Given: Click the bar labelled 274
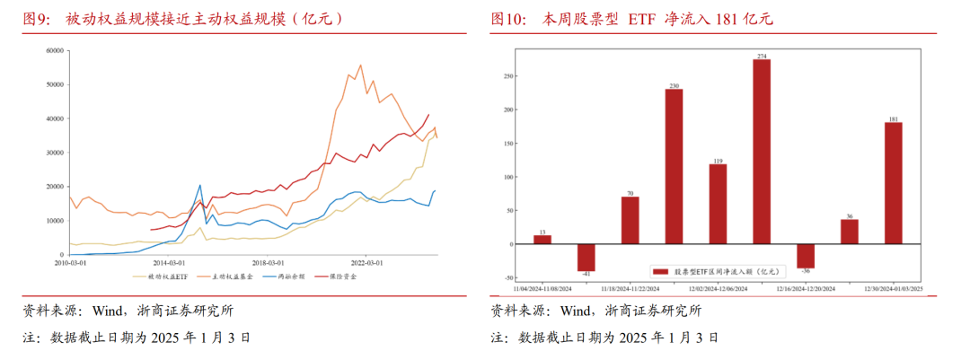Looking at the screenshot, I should point(762,151).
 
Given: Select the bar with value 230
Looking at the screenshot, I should point(674,166).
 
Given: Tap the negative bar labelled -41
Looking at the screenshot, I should point(586,258).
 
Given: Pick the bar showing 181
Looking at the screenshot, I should point(893,183).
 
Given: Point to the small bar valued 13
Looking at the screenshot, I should point(542,240).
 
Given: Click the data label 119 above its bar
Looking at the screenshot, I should point(718,161).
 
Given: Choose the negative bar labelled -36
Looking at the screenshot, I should point(806,256).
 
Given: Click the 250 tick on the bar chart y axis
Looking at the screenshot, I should point(507,76).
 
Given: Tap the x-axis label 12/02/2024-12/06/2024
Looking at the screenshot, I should point(718,289).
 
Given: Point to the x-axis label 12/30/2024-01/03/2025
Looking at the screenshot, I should point(893,289).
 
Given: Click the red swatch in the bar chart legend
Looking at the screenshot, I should point(660,270).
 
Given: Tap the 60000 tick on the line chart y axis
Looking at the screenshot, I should point(50,50).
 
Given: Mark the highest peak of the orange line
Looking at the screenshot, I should point(360,65).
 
